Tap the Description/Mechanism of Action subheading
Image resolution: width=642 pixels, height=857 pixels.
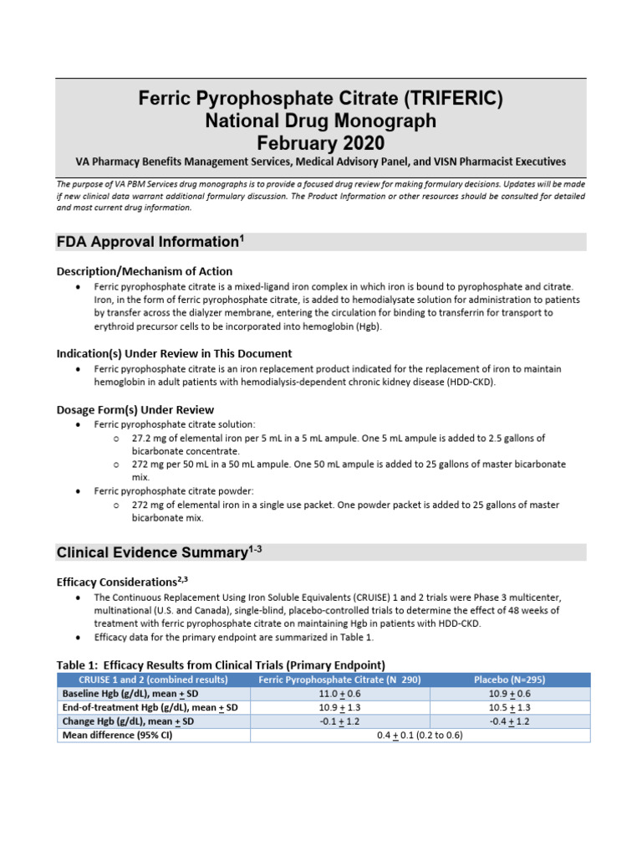(144, 271)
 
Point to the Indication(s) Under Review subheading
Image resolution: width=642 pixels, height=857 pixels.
(174, 353)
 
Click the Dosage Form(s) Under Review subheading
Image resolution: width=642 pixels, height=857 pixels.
(135, 409)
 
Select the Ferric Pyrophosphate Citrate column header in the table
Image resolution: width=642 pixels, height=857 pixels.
(339, 680)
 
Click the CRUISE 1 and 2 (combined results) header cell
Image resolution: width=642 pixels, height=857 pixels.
(154, 680)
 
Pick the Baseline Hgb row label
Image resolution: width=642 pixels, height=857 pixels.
(125, 694)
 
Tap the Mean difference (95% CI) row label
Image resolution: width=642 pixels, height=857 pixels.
(116, 736)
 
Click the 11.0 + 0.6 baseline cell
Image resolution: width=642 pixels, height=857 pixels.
(339, 694)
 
